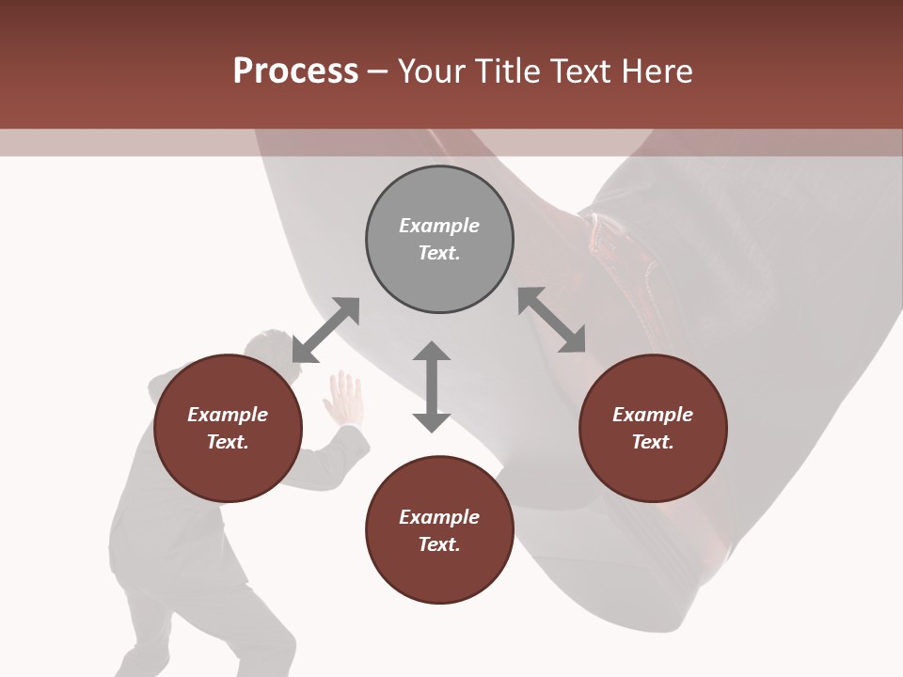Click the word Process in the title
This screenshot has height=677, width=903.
tap(295, 71)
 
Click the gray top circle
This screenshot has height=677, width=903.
tap(439, 239)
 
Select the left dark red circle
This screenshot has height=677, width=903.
tap(228, 428)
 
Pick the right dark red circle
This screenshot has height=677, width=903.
tap(653, 428)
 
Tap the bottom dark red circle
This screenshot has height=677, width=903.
tap(439, 530)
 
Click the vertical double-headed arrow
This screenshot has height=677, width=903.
tap(432, 386)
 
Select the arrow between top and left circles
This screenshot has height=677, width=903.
tap(325, 330)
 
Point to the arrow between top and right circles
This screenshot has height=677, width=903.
tap(551, 320)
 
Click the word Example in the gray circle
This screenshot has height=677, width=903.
tap(439, 226)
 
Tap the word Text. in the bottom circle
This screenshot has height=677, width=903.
tap(439, 544)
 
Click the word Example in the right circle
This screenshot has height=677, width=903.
tap(653, 415)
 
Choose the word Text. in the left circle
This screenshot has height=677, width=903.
tap(228, 442)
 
